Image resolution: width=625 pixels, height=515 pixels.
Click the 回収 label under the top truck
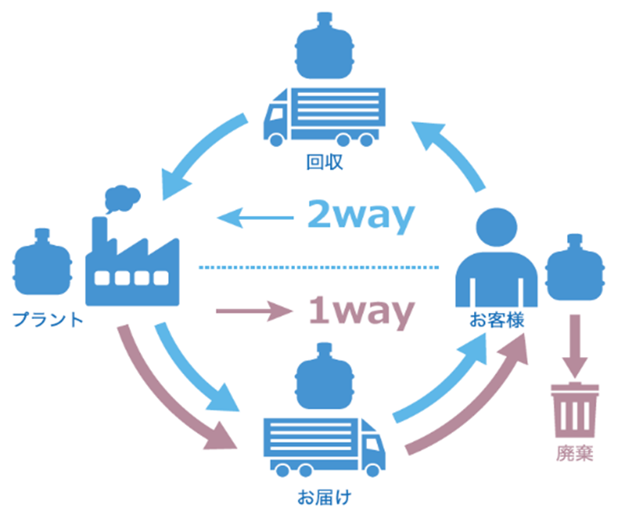pos(324,163)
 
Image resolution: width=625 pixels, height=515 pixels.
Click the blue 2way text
pos(357,218)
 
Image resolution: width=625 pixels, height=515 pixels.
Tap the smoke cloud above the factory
pos(120,199)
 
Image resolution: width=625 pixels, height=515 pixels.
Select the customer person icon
pos(496,256)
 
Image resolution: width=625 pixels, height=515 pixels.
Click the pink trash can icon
pos(574,408)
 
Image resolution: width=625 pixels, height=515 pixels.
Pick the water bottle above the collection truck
pos(325,51)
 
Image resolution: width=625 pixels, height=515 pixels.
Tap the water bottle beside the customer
pos(574,267)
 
